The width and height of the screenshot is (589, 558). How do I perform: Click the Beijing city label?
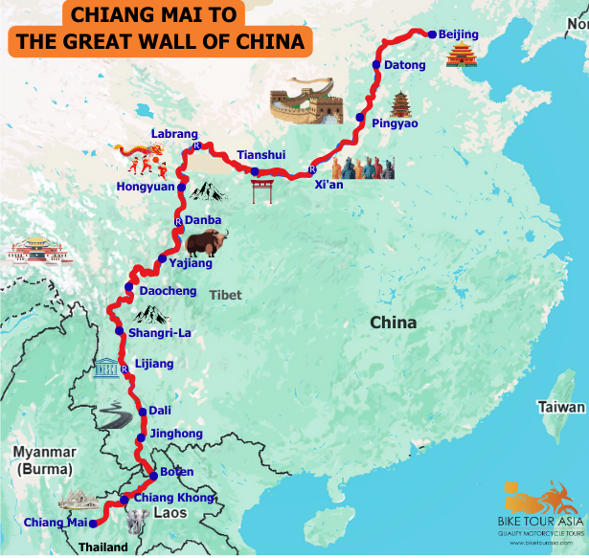[458, 34]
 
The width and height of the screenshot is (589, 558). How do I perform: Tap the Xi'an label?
[328, 185]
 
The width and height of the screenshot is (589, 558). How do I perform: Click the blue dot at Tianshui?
[256, 171]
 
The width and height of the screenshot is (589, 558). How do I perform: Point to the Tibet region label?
[226, 295]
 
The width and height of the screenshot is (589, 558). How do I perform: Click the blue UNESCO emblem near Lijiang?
[106, 368]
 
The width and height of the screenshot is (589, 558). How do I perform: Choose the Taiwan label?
[561, 407]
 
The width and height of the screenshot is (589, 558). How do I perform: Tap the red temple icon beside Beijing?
[462, 55]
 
